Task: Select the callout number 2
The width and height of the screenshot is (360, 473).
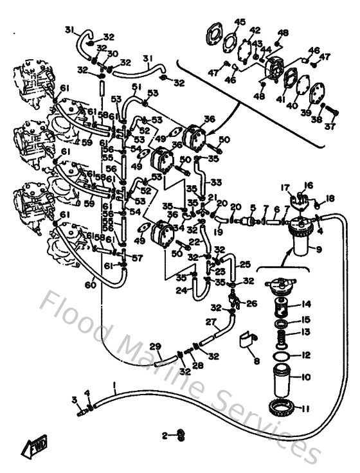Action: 165,435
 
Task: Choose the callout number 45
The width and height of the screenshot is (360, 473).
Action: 240,22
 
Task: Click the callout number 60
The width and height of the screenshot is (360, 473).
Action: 93,285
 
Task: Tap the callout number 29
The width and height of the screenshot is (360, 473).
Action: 154,346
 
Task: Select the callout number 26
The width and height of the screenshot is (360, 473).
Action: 251,303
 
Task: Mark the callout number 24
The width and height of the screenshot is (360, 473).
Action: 181,290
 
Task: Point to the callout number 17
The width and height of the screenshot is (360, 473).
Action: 284,187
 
